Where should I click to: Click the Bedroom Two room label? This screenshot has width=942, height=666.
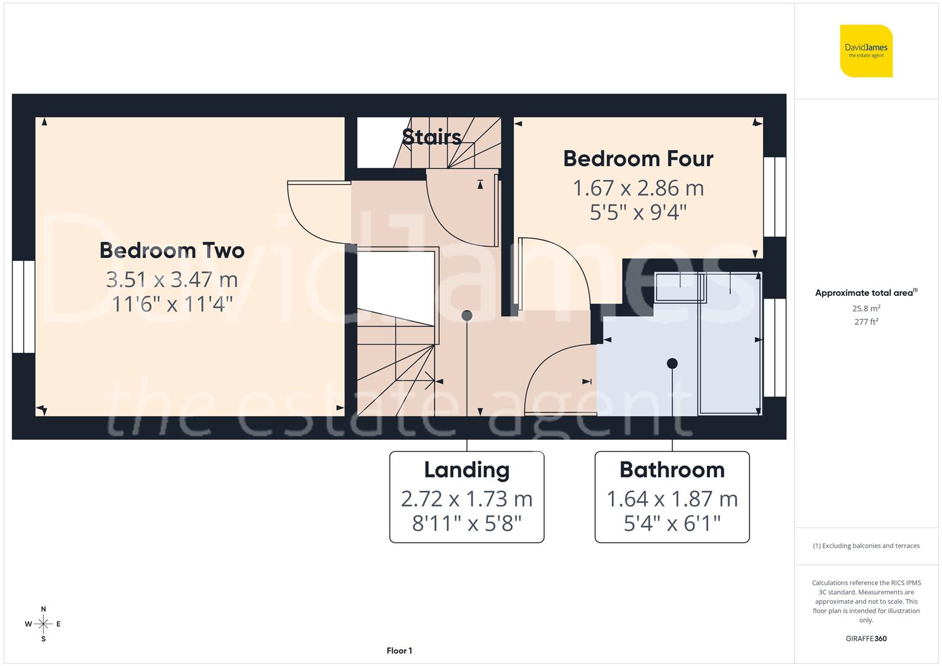coord(171,250)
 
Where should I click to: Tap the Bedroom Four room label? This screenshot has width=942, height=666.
coord(638,158)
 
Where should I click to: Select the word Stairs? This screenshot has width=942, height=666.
coord(431,137)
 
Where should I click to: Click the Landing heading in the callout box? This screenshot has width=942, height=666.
coord(466,470)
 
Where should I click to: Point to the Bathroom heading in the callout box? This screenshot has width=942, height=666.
coord(672,470)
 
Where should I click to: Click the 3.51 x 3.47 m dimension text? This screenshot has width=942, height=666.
coord(171,279)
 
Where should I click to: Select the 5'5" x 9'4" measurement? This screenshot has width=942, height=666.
coord(638,213)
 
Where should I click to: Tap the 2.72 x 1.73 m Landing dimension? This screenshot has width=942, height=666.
coord(466,498)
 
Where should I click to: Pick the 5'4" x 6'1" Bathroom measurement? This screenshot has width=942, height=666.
coord(672,524)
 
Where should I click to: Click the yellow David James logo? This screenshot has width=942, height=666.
coord(866,51)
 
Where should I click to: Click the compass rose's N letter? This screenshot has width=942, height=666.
coord(43,609)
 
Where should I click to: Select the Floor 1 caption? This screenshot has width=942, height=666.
coord(399,651)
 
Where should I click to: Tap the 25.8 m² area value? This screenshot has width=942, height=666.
coord(866,308)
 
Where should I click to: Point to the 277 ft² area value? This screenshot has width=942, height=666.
coord(866,322)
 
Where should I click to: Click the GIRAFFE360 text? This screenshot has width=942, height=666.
coord(866,639)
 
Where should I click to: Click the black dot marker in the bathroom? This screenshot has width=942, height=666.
coord(672,364)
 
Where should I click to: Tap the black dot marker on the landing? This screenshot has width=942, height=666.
coord(467,316)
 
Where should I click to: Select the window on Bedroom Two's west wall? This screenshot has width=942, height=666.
coord(23,306)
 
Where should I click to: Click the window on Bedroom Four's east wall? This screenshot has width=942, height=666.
coord(775,197)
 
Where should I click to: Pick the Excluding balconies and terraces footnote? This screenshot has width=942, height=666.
coord(866,546)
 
